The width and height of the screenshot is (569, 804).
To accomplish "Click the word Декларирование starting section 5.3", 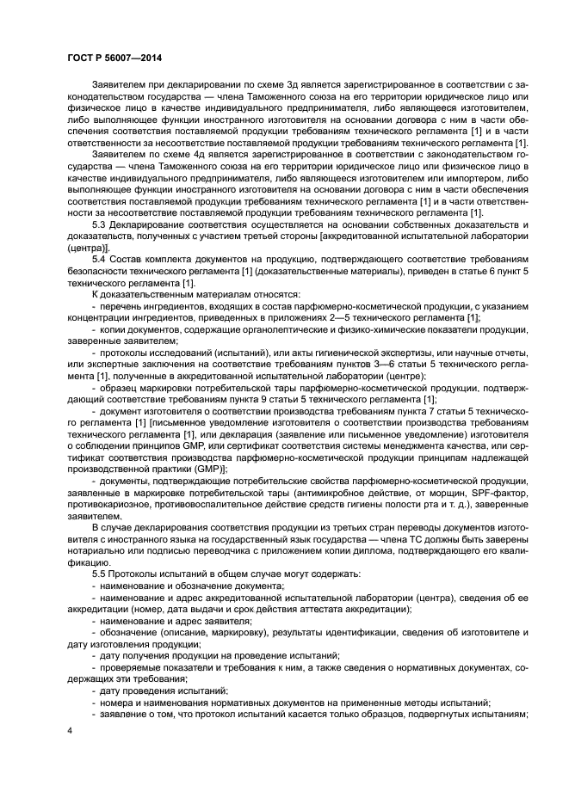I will pos(152,225).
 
